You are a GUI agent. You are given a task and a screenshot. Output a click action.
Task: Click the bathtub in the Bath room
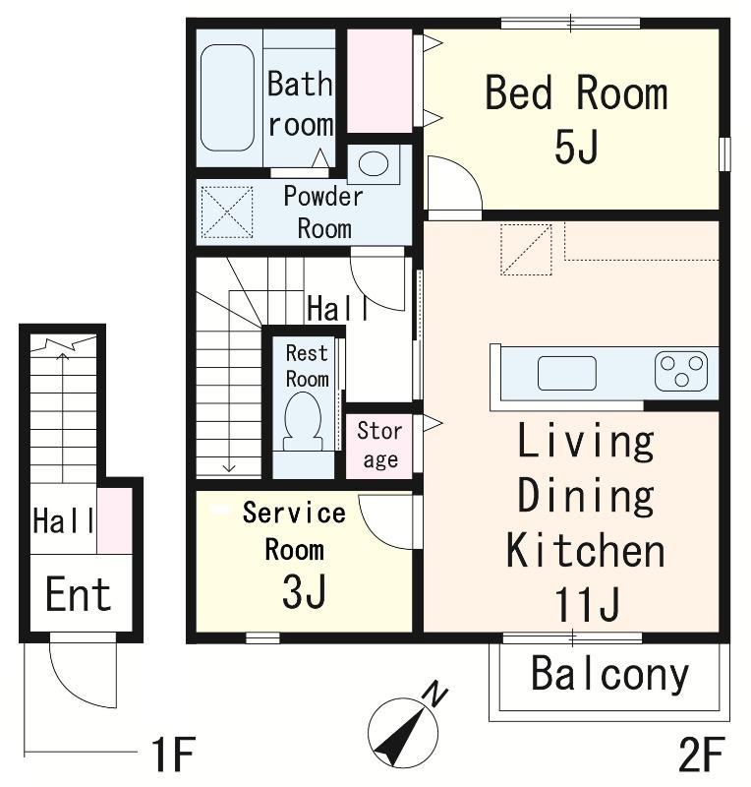pyautogui.click(x=227, y=97)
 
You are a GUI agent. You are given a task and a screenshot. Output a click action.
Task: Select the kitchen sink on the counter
pyautogui.click(x=567, y=373)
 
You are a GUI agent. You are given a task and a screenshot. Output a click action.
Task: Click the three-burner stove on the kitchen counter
pyautogui.click(x=681, y=371)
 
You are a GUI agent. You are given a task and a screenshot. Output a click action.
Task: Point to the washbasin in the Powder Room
pyautogui.click(x=374, y=163)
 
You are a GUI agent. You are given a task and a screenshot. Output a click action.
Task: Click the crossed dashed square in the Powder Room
pyautogui.click(x=227, y=212)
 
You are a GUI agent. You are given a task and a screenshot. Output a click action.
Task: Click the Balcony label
pyautogui.click(x=610, y=674)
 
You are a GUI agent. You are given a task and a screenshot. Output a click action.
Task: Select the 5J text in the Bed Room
pyautogui.click(x=576, y=146)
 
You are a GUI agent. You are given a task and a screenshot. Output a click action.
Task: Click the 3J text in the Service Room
pyautogui.click(x=304, y=591)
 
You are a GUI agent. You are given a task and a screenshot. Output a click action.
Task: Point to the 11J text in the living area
pyautogui.click(x=587, y=604)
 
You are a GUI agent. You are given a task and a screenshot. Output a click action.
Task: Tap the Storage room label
pyautogui.click(x=379, y=445)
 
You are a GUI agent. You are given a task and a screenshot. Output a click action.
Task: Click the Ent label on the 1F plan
pyautogui.click(x=78, y=594)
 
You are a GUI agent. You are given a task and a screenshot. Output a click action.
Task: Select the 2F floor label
pyautogui.click(x=702, y=754)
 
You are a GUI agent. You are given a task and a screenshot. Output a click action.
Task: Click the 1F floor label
pyautogui.click(x=173, y=754)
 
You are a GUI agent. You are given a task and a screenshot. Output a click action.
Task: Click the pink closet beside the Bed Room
pyautogui.click(x=379, y=81)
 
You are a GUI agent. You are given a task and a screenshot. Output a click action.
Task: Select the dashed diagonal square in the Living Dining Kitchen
pyautogui.click(x=526, y=250)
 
